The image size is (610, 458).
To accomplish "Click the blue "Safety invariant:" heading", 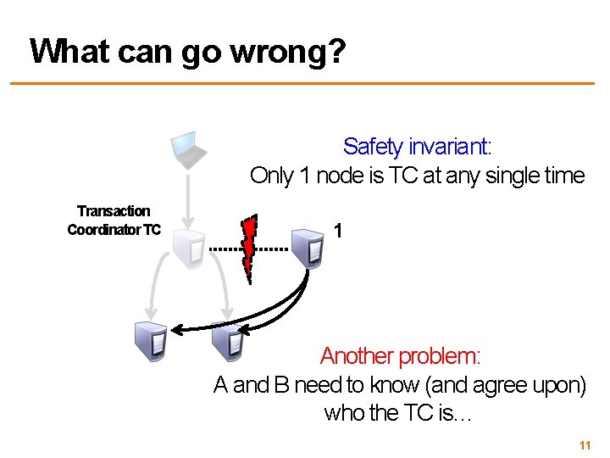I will pos(417,147).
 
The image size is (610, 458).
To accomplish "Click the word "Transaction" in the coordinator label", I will pos(114,211).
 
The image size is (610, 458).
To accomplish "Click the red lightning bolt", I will pos(249,249).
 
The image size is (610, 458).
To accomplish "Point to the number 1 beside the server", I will pos(338,231).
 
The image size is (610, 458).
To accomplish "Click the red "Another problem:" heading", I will pos(400,356).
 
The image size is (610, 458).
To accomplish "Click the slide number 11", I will pos(584,445).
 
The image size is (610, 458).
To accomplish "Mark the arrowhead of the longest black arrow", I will pos(177,329).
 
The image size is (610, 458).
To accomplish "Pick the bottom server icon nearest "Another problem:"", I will pos(230,343).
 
